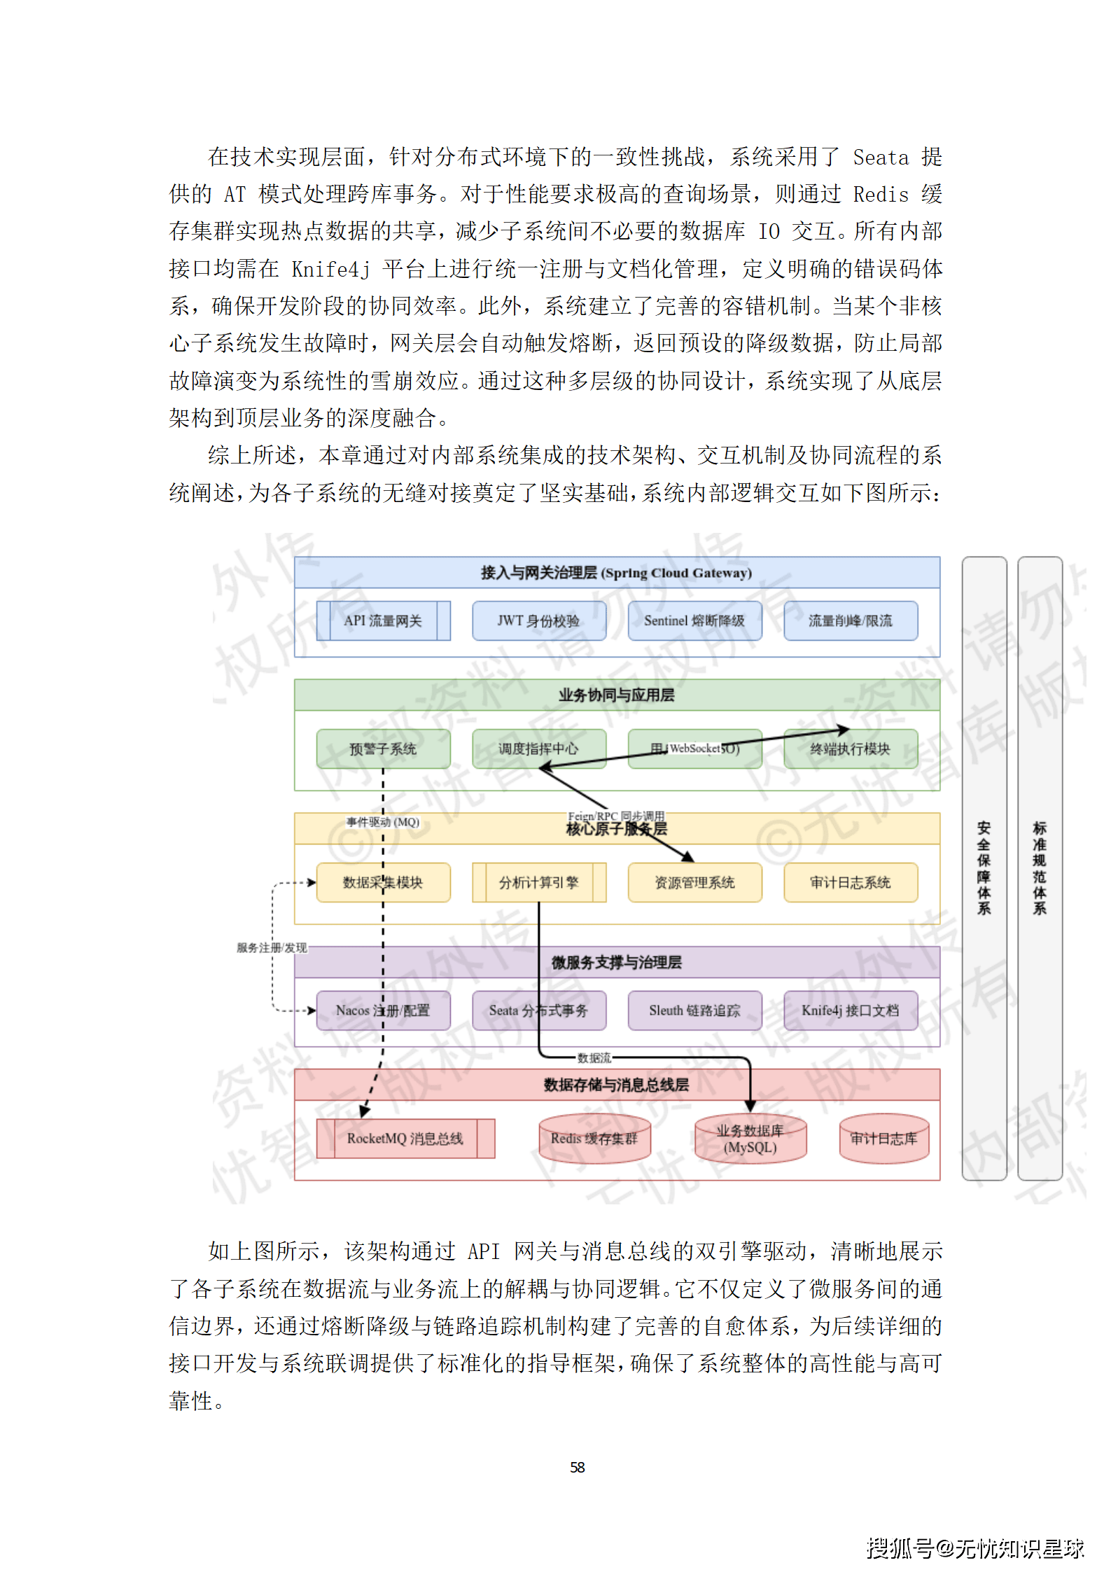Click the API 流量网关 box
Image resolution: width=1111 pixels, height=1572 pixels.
(x=383, y=620)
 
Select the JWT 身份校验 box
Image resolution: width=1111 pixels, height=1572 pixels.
(x=538, y=620)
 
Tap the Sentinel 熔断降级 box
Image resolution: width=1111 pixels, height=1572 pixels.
(x=694, y=620)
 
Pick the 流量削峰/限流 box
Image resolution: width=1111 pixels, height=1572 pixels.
(x=850, y=620)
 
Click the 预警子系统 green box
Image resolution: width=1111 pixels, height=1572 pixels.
(x=383, y=749)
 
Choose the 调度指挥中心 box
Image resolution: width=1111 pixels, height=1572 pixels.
(x=538, y=749)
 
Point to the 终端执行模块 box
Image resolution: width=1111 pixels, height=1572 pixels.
(x=850, y=749)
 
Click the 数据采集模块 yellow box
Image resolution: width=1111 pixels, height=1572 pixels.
(x=383, y=882)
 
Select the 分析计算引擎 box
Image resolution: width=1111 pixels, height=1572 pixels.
(x=538, y=882)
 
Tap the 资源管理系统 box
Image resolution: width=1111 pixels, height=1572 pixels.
(x=694, y=882)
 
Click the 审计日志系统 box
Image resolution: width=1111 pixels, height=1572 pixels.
(x=850, y=882)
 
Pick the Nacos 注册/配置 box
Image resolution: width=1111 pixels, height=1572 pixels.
(x=383, y=1010)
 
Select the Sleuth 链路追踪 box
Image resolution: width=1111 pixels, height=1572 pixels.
(x=694, y=1010)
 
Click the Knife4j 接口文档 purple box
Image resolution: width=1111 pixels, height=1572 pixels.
(x=850, y=1010)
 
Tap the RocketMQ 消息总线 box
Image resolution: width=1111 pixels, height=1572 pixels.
(x=405, y=1138)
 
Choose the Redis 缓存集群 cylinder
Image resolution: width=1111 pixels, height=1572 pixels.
(x=594, y=1139)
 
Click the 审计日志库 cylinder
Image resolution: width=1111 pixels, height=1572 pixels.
(x=883, y=1139)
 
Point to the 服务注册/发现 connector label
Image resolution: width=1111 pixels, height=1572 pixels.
(x=272, y=947)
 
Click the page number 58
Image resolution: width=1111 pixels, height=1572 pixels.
(x=577, y=1467)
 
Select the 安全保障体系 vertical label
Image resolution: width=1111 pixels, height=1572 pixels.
(x=984, y=868)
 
